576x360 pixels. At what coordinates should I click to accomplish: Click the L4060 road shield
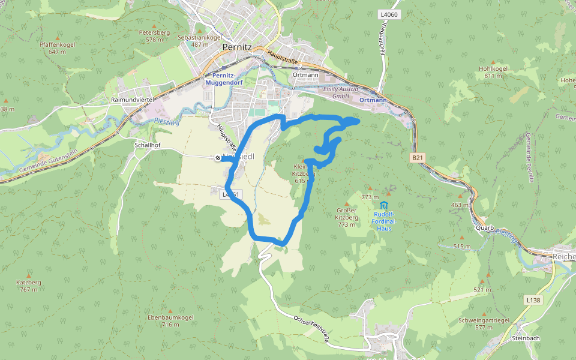[x=389, y=14]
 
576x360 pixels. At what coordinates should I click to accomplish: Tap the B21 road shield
[x=418, y=157]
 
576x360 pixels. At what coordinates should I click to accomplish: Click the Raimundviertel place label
[x=133, y=99]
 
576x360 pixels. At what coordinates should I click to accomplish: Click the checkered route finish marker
[x=217, y=157]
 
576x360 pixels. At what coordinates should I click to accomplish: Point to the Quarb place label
[x=484, y=227]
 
